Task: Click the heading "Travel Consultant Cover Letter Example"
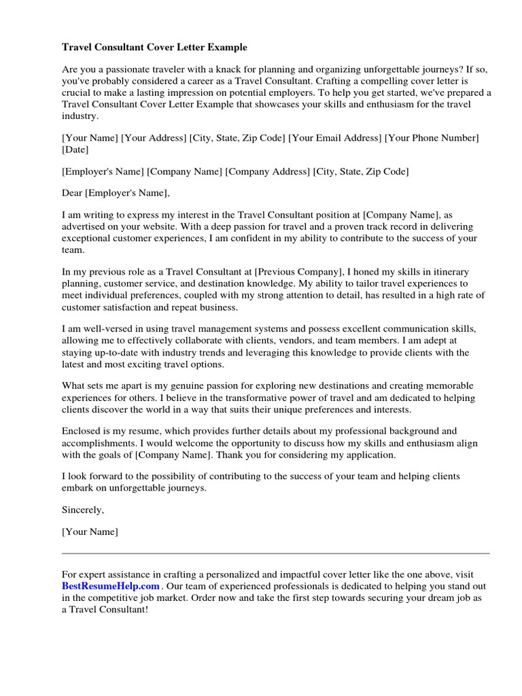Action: coord(154,48)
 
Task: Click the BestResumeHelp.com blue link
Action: coord(111,586)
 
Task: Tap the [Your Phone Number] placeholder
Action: coord(432,138)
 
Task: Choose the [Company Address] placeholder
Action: coord(267,171)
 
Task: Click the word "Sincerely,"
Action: coord(83,510)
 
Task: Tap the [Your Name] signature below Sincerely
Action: coord(90,532)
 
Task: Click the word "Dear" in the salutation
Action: coord(71,193)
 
